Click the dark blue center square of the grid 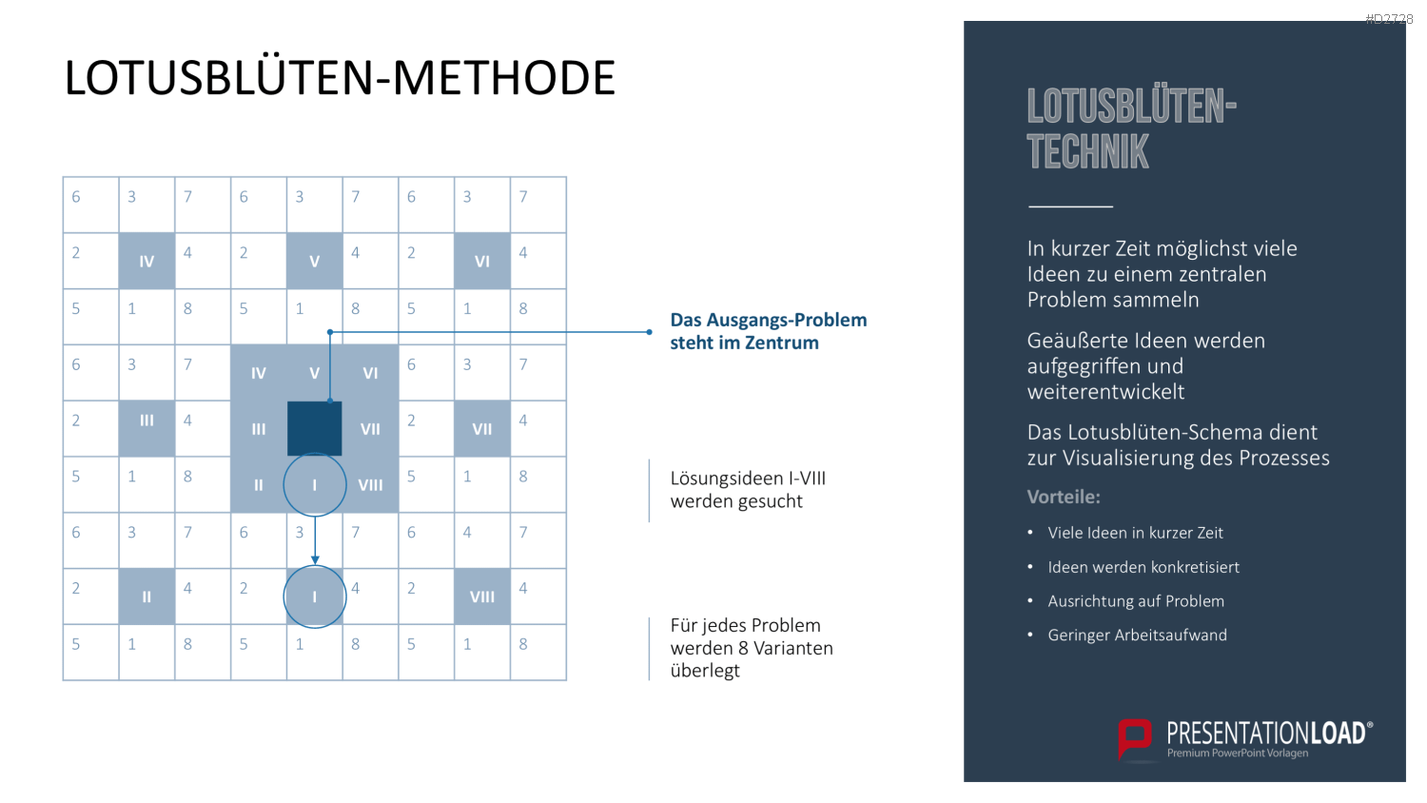pyautogui.click(x=314, y=428)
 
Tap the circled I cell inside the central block pyautogui.click(x=315, y=485)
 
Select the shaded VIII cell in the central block pyautogui.click(x=370, y=485)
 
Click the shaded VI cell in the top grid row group pyautogui.click(x=482, y=261)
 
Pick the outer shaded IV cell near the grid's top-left pyautogui.click(x=147, y=261)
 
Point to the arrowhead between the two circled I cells pyautogui.click(x=315, y=559)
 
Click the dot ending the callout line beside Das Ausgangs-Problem pyautogui.click(x=649, y=332)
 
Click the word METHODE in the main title pyautogui.click(x=503, y=78)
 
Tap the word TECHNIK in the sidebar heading pyautogui.click(x=1087, y=151)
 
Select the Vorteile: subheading pyautogui.click(x=1064, y=497)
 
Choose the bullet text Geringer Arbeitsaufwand pyautogui.click(x=1137, y=635)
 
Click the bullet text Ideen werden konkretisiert pyautogui.click(x=1144, y=567)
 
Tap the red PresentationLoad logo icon pyautogui.click(x=1135, y=739)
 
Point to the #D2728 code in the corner pyautogui.click(x=1389, y=19)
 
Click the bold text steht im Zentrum pyautogui.click(x=744, y=343)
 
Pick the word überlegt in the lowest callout pyautogui.click(x=705, y=671)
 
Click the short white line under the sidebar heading pyautogui.click(x=1070, y=206)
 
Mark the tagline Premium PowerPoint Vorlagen pyautogui.click(x=1237, y=753)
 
